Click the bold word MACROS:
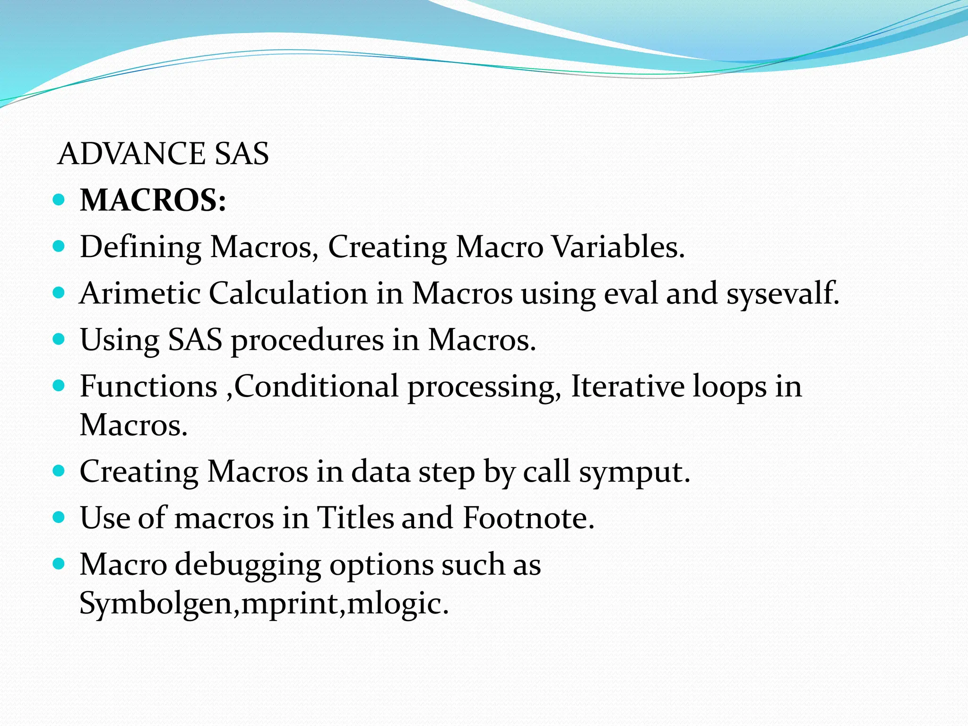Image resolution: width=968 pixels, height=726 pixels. (x=153, y=200)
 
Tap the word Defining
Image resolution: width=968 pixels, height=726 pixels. (x=140, y=247)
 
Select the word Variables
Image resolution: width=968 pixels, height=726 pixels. (x=618, y=247)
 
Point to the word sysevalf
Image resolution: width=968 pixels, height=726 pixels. (x=783, y=294)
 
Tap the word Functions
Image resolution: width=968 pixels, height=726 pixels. (x=148, y=387)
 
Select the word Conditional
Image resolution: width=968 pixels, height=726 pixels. (x=316, y=387)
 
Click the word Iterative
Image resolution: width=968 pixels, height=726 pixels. (x=627, y=387)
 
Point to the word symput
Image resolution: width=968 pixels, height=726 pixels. (x=634, y=473)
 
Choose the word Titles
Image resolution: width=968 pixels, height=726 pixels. (x=355, y=518)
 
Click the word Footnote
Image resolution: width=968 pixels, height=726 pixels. (x=528, y=518)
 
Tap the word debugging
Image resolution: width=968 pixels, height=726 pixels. (x=248, y=565)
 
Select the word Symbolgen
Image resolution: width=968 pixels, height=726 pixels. (x=156, y=604)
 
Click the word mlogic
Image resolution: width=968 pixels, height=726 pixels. (x=397, y=604)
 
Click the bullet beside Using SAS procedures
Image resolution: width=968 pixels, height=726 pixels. (x=59, y=339)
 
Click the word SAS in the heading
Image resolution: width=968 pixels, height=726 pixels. (x=242, y=154)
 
